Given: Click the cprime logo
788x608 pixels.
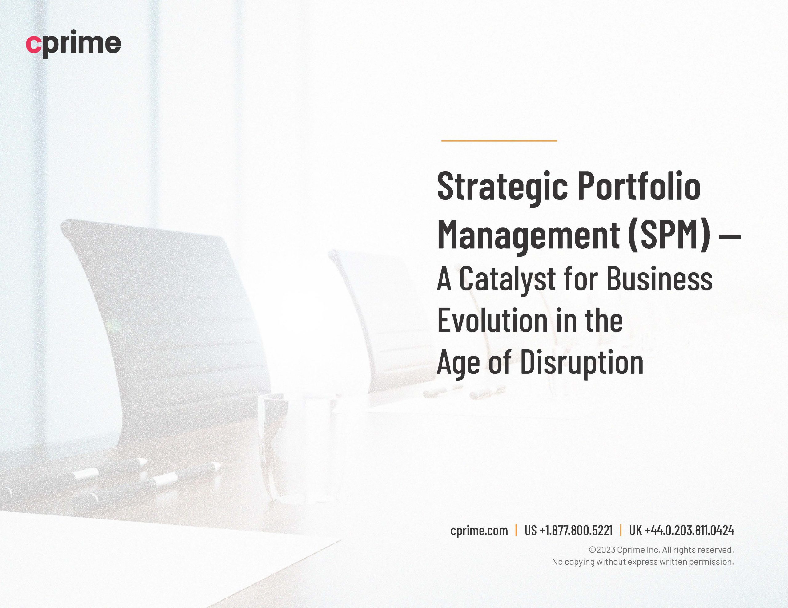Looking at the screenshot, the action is [x=74, y=44].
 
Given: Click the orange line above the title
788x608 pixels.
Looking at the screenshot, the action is [x=499, y=141].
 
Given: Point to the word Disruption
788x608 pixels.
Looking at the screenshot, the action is [x=582, y=363].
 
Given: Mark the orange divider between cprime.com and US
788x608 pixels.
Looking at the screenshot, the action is [x=516, y=531].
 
